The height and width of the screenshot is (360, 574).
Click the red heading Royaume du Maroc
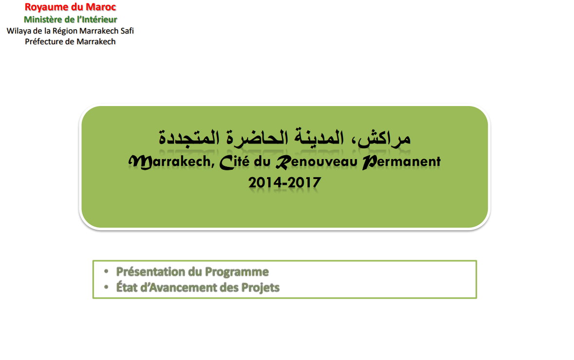point(70,7)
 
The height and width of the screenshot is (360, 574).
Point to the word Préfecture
point(44,42)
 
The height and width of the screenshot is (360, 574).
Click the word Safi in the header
point(127,31)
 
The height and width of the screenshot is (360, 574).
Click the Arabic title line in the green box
point(285,138)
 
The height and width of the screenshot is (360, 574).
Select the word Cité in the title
point(234,162)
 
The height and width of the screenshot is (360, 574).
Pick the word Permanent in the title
point(402,162)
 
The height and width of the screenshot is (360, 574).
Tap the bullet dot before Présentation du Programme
point(106,271)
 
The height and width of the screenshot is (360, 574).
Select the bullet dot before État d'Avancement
point(106,287)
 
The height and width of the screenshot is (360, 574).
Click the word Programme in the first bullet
point(236,272)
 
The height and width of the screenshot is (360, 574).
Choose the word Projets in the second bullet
point(260,288)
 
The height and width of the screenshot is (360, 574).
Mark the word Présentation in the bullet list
point(150,272)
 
